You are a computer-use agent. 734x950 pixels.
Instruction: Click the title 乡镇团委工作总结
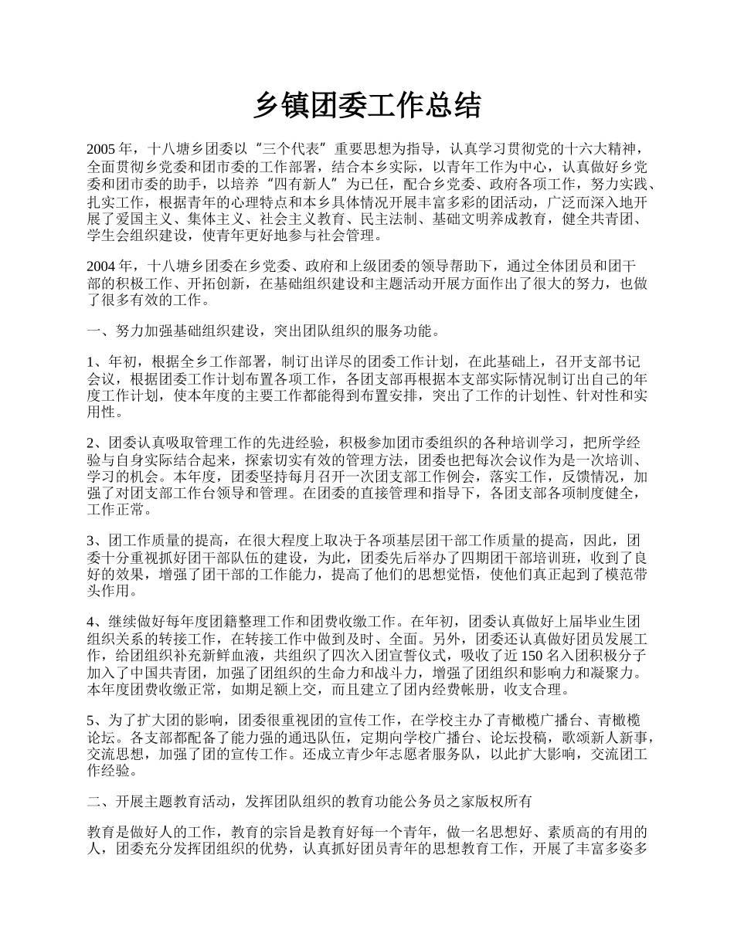click(367, 106)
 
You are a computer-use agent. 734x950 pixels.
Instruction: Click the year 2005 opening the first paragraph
click(102, 149)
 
